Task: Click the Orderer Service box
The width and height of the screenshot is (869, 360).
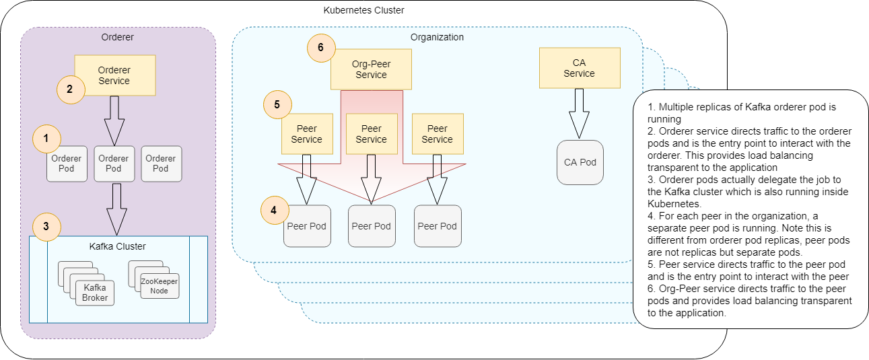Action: pos(115,75)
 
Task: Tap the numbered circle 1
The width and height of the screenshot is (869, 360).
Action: pos(46,138)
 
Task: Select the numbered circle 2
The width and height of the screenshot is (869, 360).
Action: pos(69,89)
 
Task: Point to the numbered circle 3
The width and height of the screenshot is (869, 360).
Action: pos(46,227)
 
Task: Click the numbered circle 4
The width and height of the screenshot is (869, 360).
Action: pos(273,211)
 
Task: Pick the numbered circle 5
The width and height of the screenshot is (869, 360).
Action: pos(277,105)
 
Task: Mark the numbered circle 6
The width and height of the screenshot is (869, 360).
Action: pos(320,48)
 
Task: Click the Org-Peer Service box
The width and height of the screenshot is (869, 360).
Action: pos(371,69)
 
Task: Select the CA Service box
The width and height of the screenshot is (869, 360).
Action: pos(579,68)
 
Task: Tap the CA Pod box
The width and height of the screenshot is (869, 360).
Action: pos(580,162)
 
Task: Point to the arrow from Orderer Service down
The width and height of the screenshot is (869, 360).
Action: pos(114,120)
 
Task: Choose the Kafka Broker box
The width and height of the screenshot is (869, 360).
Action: pos(95,293)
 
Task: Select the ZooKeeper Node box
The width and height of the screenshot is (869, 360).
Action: pos(159,287)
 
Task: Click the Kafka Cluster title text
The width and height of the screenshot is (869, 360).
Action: pos(118,246)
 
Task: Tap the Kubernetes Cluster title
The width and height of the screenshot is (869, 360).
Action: pos(364,10)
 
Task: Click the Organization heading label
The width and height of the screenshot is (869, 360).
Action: pos(437,37)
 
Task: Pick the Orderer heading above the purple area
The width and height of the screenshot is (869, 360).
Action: pos(117,37)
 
